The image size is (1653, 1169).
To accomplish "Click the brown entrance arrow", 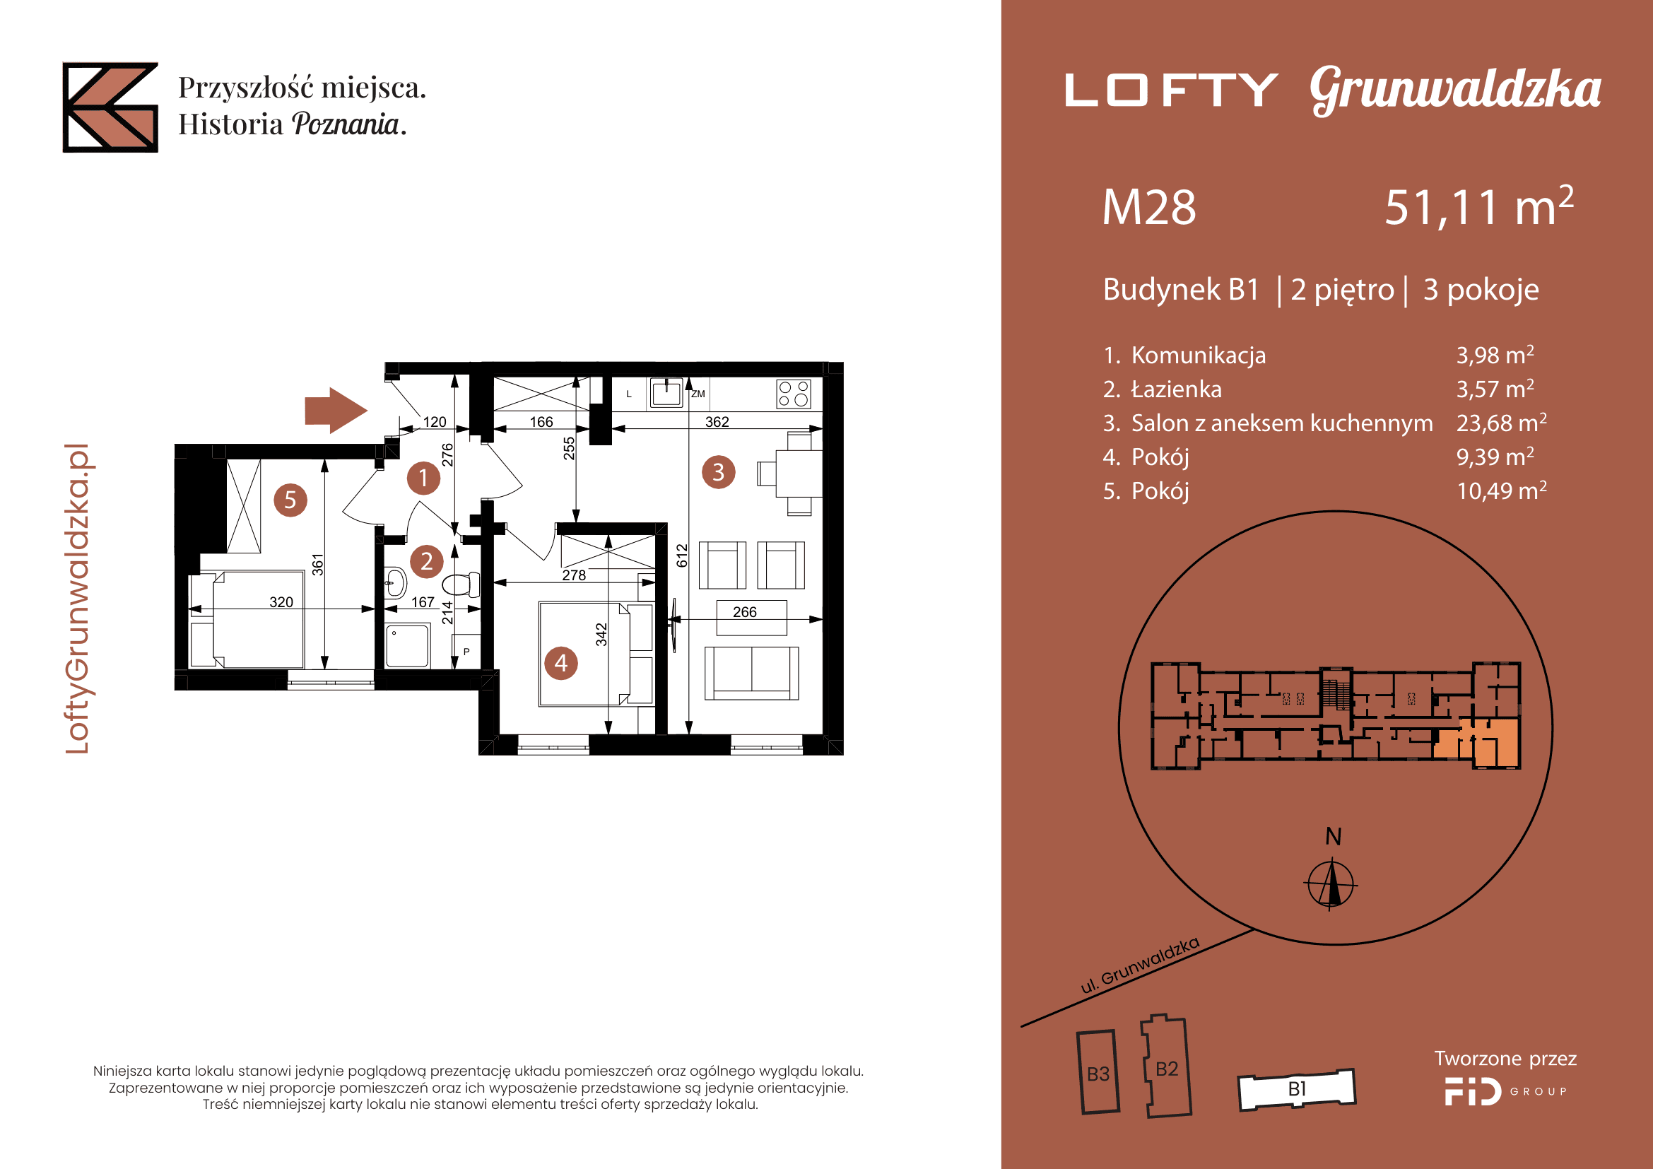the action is pos(336,411).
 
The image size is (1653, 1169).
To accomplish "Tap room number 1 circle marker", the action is pos(423,478).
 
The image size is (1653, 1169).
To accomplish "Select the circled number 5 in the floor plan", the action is pos(290,500).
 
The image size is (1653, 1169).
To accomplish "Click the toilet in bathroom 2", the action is pos(462,584).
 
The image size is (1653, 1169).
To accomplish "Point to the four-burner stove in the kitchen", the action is pos(794,394).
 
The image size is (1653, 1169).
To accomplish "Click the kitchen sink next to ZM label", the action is pos(666,393).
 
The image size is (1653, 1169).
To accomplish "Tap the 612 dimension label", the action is pos(683,556).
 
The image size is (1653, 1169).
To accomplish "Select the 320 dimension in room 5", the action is pos(281,601).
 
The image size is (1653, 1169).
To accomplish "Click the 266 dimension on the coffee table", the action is pos(745,612).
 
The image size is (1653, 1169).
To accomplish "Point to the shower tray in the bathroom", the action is pos(408,647).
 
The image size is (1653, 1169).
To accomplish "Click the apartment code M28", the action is pos(1149,208).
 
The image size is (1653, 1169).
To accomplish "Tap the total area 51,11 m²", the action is pos(1478,207).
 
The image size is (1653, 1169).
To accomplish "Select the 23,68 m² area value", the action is pos(1502,423).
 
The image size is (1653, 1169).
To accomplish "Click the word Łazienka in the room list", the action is pos(1177,389).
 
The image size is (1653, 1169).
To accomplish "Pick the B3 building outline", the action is pos(1098,1072).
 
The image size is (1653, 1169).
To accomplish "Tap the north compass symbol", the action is pos(1331,883).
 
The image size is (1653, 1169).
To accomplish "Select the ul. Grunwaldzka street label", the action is pos(1141,965).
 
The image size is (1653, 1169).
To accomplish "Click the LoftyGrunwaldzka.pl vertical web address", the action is pos(77,599).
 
